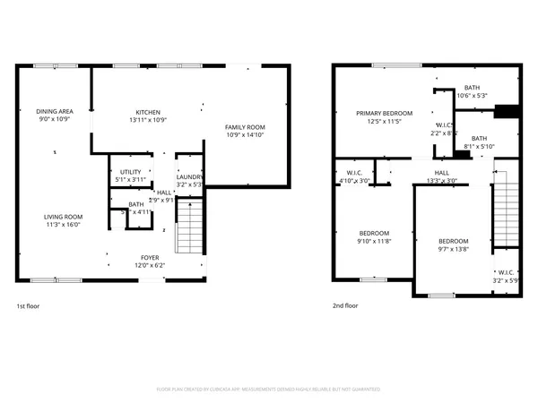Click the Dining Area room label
tap(55, 111)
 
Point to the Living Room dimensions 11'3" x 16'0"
tap(65, 224)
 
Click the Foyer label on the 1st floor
tap(150, 257)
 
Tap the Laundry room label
tap(189, 177)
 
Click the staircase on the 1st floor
tap(188, 228)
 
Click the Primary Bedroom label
tap(384, 114)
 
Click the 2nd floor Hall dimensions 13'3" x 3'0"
tap(441, 180)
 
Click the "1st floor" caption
tap(28, 306)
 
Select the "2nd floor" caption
tap(343, 306)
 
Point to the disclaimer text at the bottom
tap(268, 390)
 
